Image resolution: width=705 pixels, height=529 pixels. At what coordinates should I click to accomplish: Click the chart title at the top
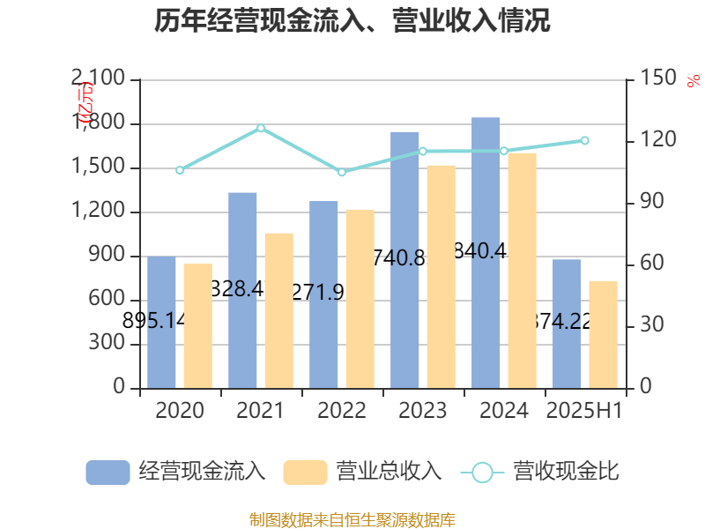tap(352, 21)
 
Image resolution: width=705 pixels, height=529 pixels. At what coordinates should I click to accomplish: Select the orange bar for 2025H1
tap(603, 334)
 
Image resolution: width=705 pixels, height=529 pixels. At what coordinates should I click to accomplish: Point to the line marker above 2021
tap(261, 128)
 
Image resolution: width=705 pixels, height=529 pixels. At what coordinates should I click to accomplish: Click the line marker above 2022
tap(342, 172)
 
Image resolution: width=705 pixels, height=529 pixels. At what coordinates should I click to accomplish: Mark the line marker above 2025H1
tap(584, 141)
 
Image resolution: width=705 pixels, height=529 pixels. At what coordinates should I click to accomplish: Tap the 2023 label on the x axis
tap(423, 411)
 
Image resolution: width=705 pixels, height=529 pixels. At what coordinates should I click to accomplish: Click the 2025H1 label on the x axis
tap(584, 411)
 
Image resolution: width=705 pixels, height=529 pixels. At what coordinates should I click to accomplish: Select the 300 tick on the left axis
tap(109, 344)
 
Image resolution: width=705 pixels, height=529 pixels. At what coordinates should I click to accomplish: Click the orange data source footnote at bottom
tap(352, 519)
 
